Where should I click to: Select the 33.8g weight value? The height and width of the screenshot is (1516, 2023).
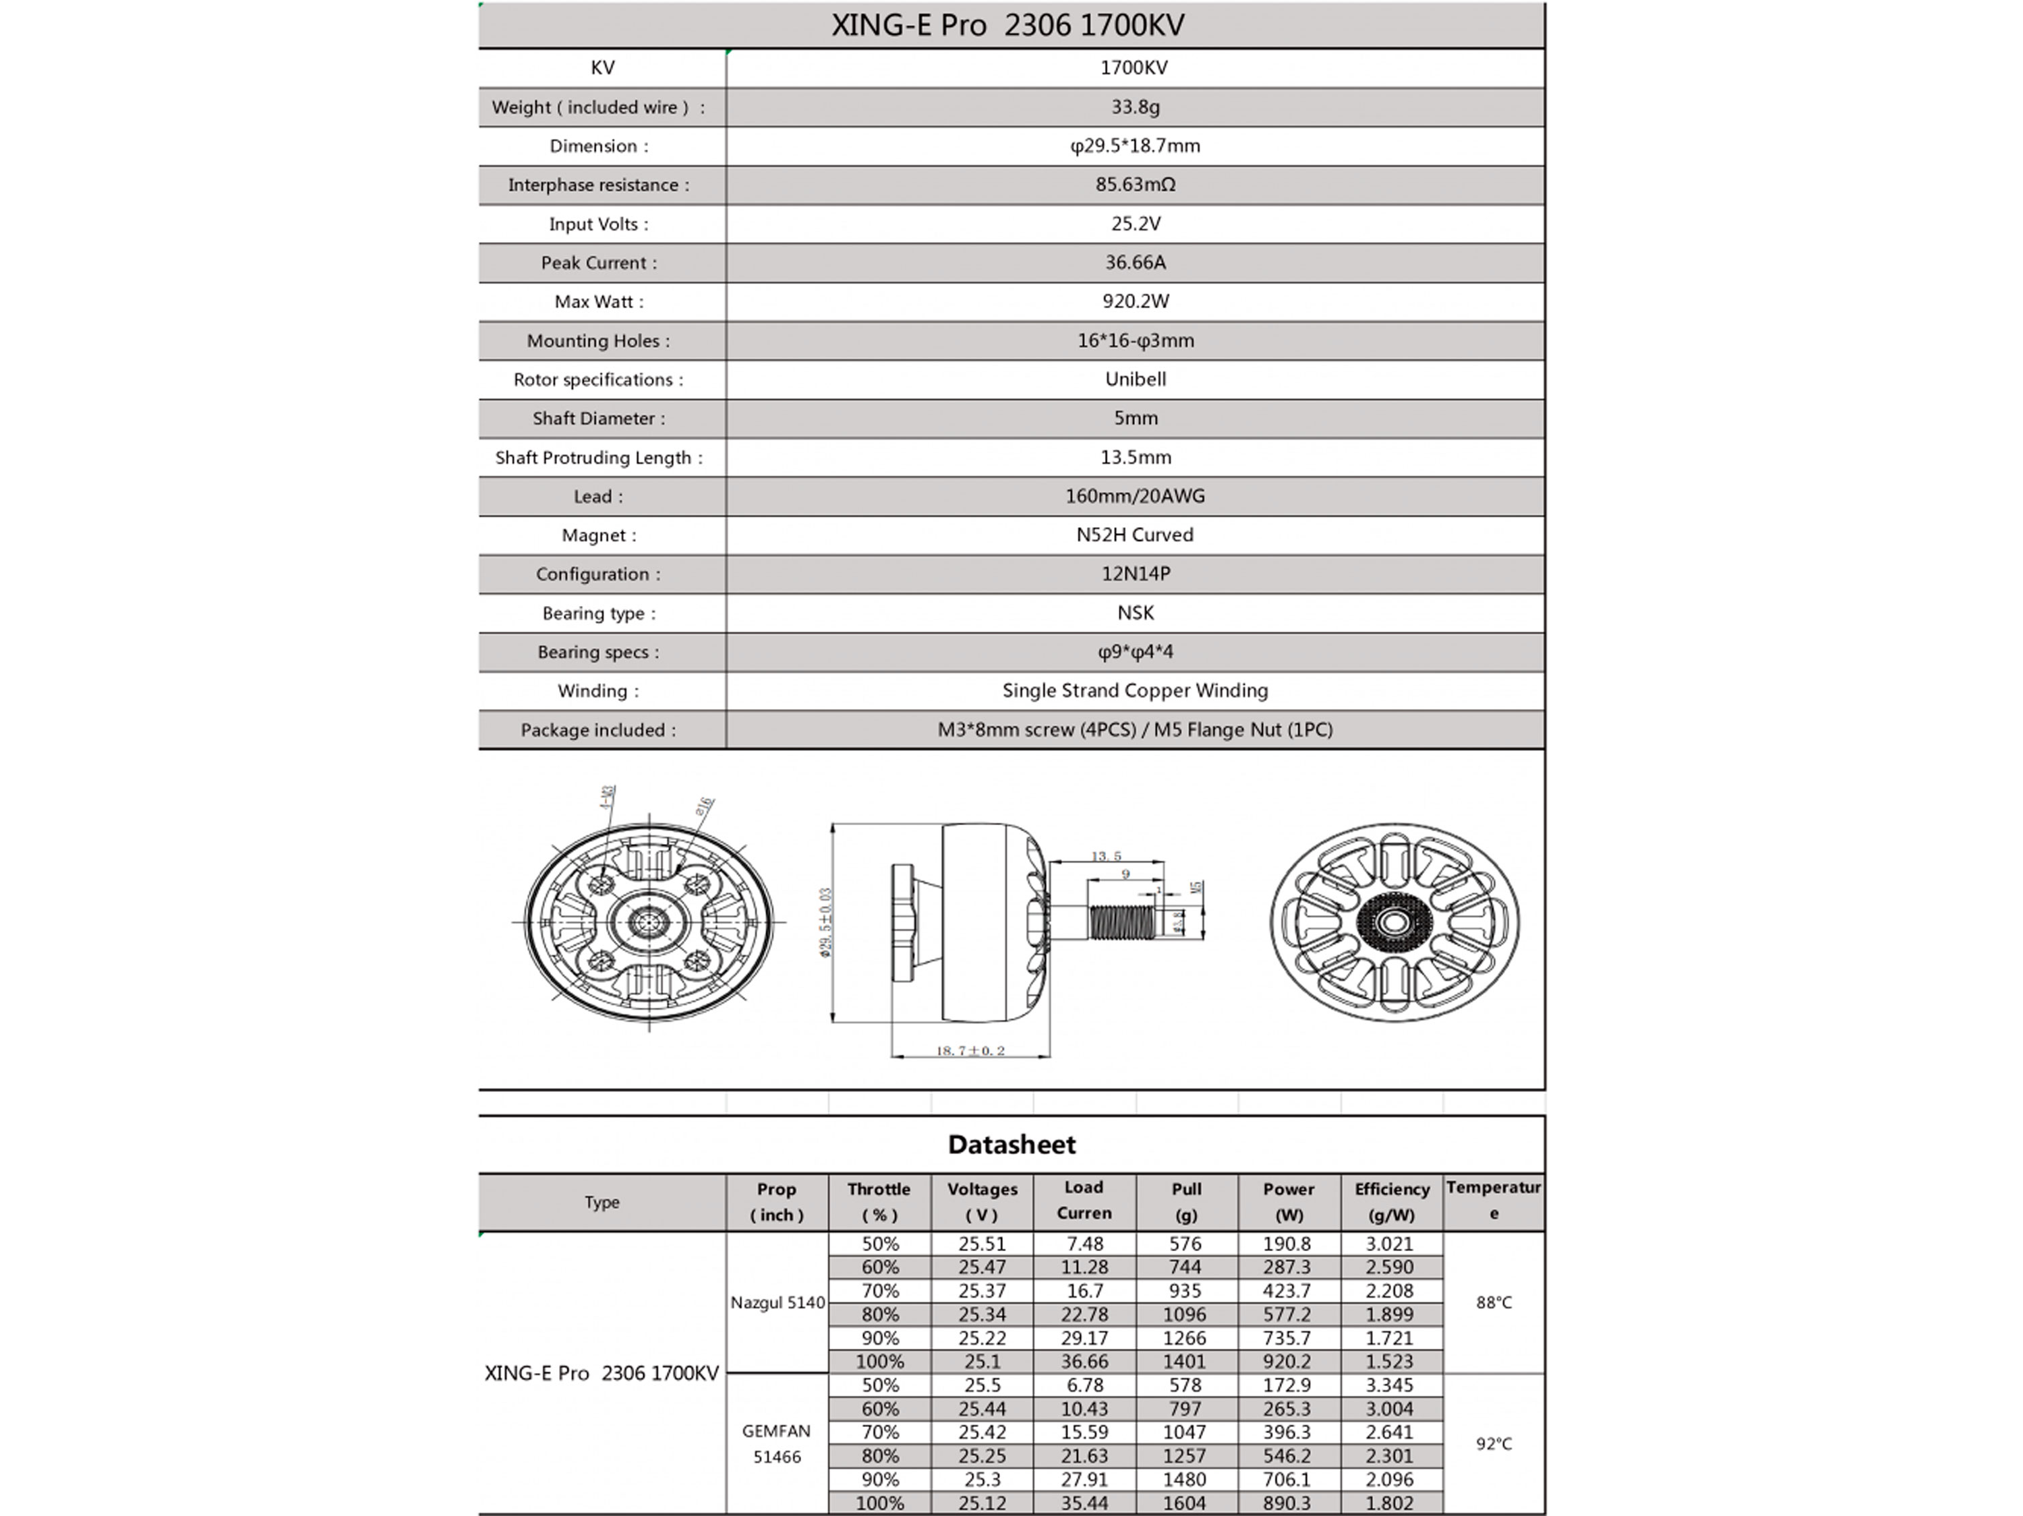1135,107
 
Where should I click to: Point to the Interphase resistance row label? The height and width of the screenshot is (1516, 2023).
599,185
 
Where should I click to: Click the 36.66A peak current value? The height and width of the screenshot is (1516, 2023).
1135,262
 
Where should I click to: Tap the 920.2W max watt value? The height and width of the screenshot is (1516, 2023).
1135,301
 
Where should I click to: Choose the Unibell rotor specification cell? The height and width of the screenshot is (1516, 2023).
1135,379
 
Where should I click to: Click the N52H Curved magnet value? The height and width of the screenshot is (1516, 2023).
1135,535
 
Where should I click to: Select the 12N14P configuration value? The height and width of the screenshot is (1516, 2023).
1135,573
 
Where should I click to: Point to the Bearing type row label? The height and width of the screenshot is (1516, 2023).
599,613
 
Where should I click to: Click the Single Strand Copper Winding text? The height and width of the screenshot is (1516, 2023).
1135,690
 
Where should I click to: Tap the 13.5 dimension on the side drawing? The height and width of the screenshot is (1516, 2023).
1106,856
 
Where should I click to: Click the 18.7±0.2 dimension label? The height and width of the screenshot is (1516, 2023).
970,1051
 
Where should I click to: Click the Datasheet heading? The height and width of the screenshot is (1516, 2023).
1011,1144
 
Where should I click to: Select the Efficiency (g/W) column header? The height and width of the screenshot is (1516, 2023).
1391,1201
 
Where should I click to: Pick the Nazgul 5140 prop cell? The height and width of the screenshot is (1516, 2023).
778,1302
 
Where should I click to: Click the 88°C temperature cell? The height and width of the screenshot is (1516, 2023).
1494,1302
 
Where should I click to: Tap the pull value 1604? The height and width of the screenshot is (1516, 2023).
1185,1503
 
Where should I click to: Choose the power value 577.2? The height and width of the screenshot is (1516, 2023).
1288,1314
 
